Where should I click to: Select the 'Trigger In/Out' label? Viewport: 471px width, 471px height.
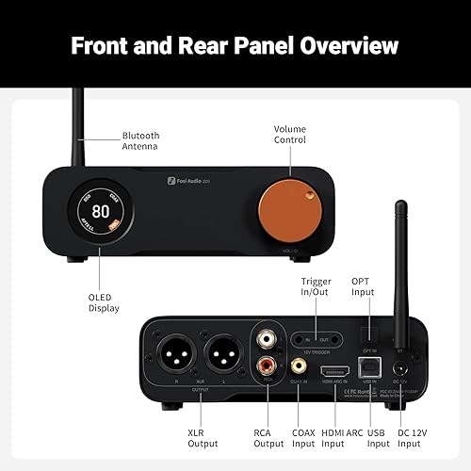(x=316, y=286)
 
